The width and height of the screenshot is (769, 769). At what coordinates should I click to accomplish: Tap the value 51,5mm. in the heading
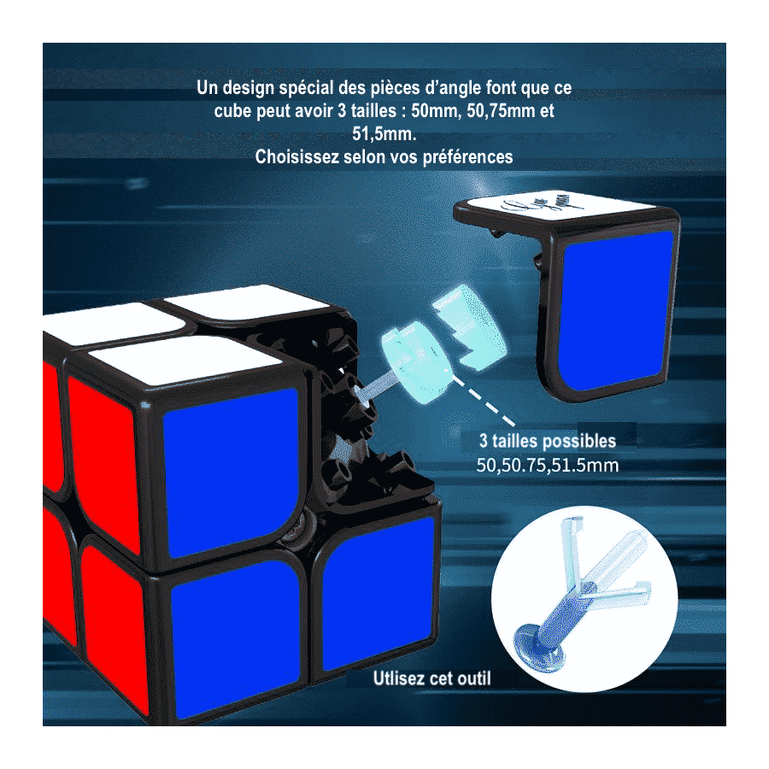(384, 134)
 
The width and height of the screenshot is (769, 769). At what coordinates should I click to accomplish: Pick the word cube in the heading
(232, 111)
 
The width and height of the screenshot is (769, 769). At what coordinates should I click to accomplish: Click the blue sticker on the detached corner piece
(616, 310)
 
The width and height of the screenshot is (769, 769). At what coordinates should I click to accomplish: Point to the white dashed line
(483, 401)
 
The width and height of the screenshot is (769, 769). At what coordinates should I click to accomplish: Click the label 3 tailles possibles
(548, 441)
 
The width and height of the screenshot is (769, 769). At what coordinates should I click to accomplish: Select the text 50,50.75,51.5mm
(548, 465)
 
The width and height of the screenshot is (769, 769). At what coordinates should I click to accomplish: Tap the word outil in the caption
(473, 678)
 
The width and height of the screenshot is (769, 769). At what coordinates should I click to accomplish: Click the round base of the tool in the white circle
(538, 648)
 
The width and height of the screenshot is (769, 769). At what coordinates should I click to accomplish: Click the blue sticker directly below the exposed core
(379, 592)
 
